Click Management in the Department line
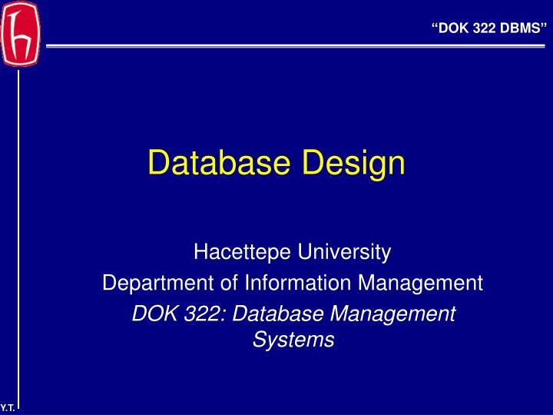click(x=422, y=284)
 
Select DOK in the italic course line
click(x=150, y=314)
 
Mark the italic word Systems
click(x=293, y=340)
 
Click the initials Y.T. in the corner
click(x=8, y=408)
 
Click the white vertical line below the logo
click(x=18, y=231)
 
